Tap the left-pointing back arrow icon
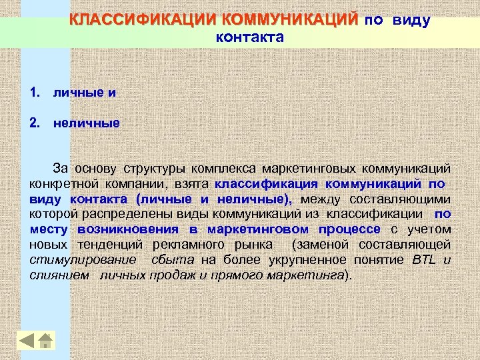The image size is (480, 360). [x=26, y=341]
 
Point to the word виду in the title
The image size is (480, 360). [x=411, y=20]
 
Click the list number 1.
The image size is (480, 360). [x=34, y=92]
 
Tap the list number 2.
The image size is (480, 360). [x=34, y=123]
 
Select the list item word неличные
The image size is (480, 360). [x=87, y=123]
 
